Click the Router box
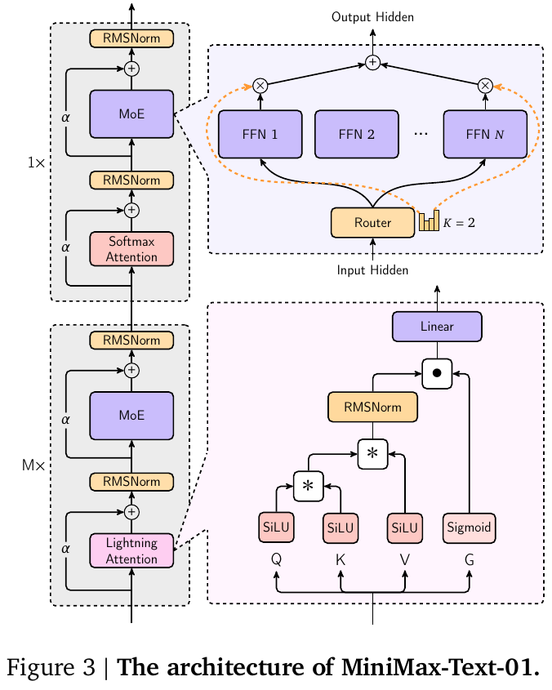pos(372,222)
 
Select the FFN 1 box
pos(260,134)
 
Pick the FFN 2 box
pos(357,134)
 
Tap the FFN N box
pos(485,134)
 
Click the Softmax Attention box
pos(131,248)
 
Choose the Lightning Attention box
pos(131,550)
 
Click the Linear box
pos(437,327)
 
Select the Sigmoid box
pos(470,528)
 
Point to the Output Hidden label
pos(372,17)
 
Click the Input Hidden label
pos(372,270)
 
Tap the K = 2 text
pos(459,222)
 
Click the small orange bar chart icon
pos(429,221)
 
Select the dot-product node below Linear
pos(437,373)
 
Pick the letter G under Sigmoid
pos(470,560)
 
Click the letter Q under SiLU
pos(277,560)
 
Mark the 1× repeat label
pos(36,162)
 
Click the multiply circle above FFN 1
pos(260,84)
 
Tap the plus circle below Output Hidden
pos(372,62)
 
